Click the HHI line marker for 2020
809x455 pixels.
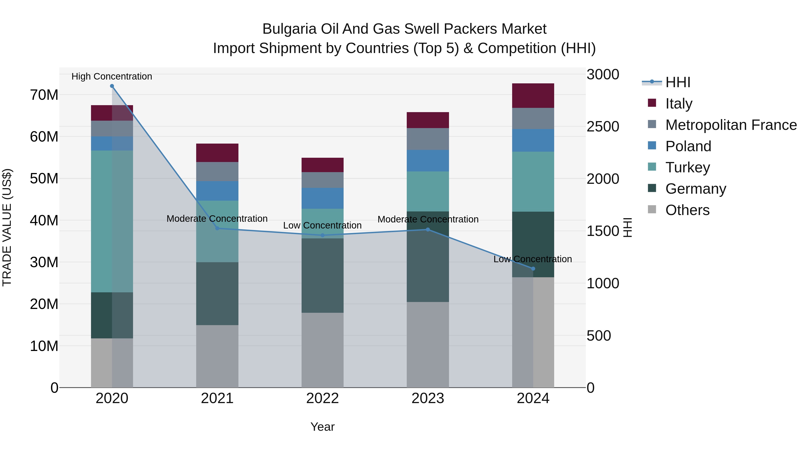112,86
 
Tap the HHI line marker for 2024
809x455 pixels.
533,269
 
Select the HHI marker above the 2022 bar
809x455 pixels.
322,235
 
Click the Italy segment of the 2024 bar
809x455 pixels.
533,96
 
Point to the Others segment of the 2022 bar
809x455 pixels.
322,350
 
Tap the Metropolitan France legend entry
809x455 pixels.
731,125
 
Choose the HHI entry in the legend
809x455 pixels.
678,82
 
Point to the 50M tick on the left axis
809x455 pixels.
44,178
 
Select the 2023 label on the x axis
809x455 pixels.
428,398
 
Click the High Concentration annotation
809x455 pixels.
112,76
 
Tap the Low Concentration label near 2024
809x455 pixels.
533,259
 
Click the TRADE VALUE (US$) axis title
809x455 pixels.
7,227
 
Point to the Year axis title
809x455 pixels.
322,427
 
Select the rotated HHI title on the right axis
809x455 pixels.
627,227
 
